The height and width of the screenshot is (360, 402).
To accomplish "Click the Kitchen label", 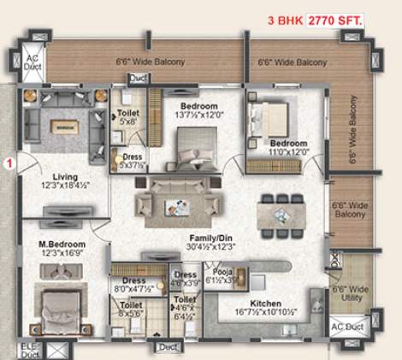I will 267,302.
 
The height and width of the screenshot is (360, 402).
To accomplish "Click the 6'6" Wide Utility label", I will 352,294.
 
